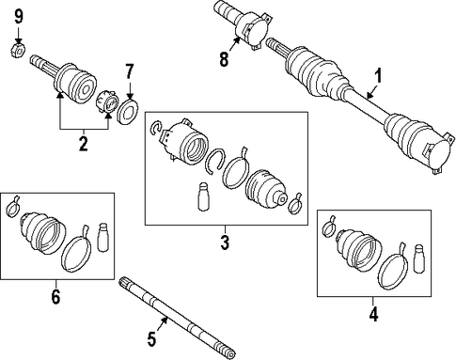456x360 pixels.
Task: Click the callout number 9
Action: [x=19, y=17]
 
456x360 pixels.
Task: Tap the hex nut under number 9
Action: [x=17, y=50]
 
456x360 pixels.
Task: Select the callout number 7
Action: [x=130, y=71]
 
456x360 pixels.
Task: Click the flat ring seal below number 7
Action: [x=128, y=111]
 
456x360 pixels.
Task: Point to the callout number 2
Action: [x=84, y=144]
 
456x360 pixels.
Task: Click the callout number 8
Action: [x=224, y=59]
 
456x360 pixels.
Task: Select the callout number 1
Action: [x=379, y=77]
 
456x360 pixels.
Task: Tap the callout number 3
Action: [x=225, y=243]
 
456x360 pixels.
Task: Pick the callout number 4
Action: [x=373, y=314]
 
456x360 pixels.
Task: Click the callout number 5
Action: [x=151, y=339]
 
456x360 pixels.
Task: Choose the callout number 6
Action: [x=55, y=297]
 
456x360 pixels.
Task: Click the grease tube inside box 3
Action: [x=204, y=196]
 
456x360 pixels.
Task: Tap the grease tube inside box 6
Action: [x=103, y=237]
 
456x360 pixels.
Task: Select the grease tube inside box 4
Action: [x=420, y=258]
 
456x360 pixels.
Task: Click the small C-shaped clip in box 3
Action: [x=155, y=129]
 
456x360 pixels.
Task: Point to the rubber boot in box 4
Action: [x=359, y=250]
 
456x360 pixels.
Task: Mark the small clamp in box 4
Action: [x=328, y=227]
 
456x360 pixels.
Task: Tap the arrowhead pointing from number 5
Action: [x=165, y=320]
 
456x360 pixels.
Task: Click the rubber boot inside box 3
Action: [x=266, y=190]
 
